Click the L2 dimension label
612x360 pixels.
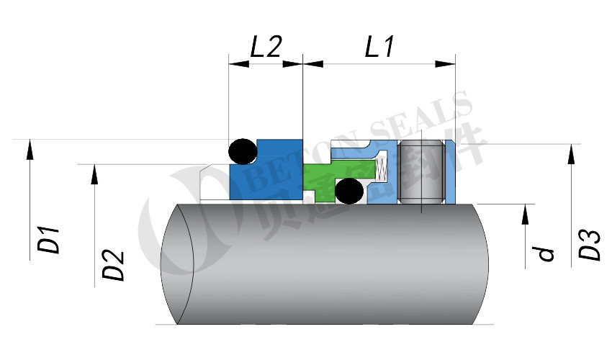(265, 47)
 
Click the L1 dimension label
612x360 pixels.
(379, 47)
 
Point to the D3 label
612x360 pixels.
(590, 245)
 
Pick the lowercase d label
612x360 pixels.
(546, 253)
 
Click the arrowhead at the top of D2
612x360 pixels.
(94, 174)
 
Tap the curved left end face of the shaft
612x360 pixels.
(176, 263)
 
